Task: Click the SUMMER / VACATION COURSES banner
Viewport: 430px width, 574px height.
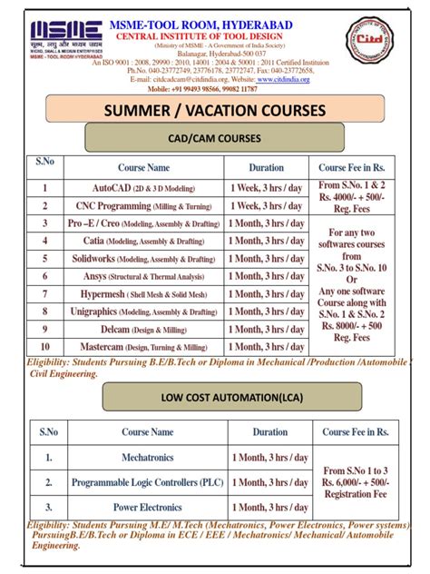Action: tap(215, 111)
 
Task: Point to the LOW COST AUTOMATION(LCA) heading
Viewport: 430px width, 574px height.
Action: tap(216, 396)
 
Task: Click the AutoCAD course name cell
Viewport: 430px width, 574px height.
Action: tap(143, 188)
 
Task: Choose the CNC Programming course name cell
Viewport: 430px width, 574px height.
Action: tap(143, 205)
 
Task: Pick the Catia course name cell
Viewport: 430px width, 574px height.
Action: tap(143, 241)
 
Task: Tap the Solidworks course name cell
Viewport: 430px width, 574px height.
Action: tap(143, 258)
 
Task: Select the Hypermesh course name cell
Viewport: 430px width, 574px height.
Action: tap(143, 293)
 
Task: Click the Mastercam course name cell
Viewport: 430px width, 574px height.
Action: tap(143, 346)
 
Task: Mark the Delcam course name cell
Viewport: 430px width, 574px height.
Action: tap(143, 329)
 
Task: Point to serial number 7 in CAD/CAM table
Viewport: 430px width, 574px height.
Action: tap(44, 293)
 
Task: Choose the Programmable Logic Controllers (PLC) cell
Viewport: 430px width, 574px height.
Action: tap(148, 482)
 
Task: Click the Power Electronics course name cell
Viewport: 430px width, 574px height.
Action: tap(148, 507)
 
